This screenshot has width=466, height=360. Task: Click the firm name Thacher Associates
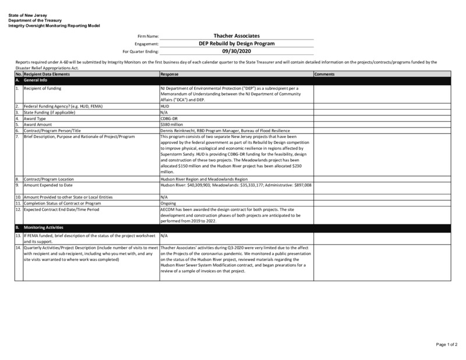[x=236, y=36]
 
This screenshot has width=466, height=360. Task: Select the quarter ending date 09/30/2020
[x=236, y=51]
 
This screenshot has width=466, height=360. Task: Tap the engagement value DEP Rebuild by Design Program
[x=236, y=43]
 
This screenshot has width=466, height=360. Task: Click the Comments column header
[x=324, y=75]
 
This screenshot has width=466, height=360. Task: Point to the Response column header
[x=170, y=75]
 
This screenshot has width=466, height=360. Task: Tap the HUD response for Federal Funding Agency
[x=165, y=107]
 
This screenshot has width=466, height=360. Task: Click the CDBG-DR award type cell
[x=168, y=119]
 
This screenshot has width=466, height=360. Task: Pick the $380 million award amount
[x=171, y=125]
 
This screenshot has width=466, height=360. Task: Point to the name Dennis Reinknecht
[x=179, y=130]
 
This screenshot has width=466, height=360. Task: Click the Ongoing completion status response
[x=169, y=203]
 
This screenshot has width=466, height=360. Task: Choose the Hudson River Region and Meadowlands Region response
[x=199, y=179]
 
